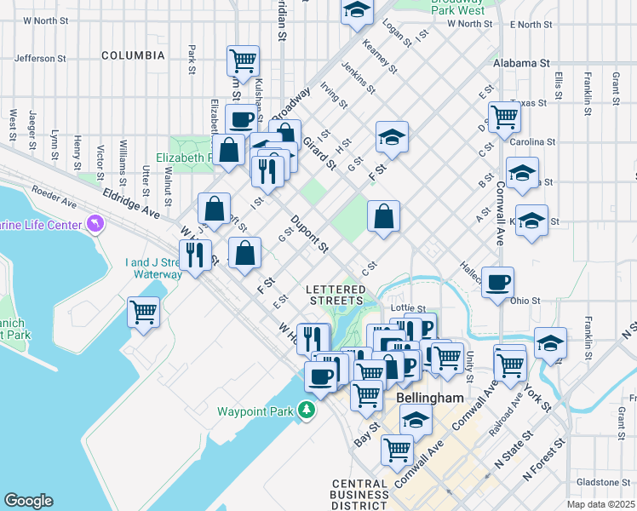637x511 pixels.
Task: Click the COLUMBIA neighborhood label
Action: click(x=133, y=55)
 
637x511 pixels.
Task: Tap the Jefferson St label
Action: click(x=40, y=59)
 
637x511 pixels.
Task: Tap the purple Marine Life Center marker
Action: click(x=94, y=225)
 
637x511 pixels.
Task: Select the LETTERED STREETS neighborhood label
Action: click(x=335, y=296)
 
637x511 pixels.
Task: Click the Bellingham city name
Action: click(x=430, y=398)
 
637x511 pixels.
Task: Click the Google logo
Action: click(x=29, y=501)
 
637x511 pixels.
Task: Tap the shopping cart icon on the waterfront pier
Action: click(x=143, y=311)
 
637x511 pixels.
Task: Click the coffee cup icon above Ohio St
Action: click(x=497, y=282)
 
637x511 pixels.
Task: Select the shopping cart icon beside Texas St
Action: click(x=504, y=116)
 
